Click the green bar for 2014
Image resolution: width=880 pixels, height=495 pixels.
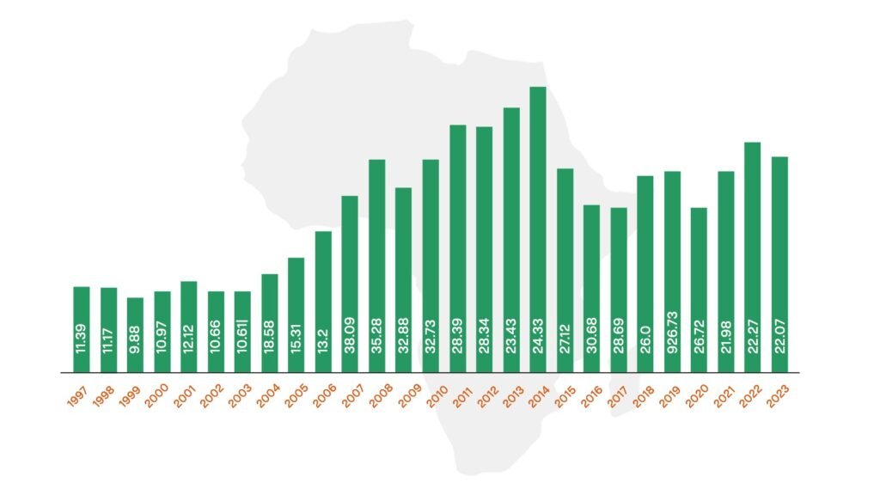pos(538,215)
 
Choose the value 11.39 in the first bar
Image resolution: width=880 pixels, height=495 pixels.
pos(82,338)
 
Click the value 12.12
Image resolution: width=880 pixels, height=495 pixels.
pos(189,336)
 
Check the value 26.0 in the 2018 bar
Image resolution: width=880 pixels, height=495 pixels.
pos(645,340)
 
